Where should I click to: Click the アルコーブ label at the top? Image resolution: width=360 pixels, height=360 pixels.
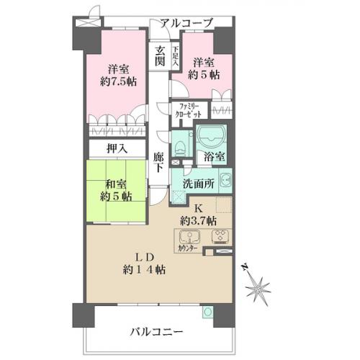click(186, 23)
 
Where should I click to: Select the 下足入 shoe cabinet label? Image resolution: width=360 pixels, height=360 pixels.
click(176, 56)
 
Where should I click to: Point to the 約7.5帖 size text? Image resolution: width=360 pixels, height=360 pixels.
click(119, 82)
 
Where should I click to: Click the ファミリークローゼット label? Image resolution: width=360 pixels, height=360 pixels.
click(188, 110)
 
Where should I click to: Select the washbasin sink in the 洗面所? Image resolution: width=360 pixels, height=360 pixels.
click(225, 180)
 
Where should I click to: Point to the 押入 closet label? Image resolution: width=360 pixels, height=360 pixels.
click(117, 149)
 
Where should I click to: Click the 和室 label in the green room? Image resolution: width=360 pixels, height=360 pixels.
click(117, 185)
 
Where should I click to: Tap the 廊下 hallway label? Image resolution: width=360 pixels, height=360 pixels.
click(158, 162)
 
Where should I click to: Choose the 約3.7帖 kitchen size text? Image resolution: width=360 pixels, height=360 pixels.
click(198, 220)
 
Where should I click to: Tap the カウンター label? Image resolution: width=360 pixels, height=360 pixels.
click(187, 248)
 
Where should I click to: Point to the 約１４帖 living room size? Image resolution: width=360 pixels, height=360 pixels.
click(144, 270)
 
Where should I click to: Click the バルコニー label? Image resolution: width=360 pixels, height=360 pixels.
click(156, 332)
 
